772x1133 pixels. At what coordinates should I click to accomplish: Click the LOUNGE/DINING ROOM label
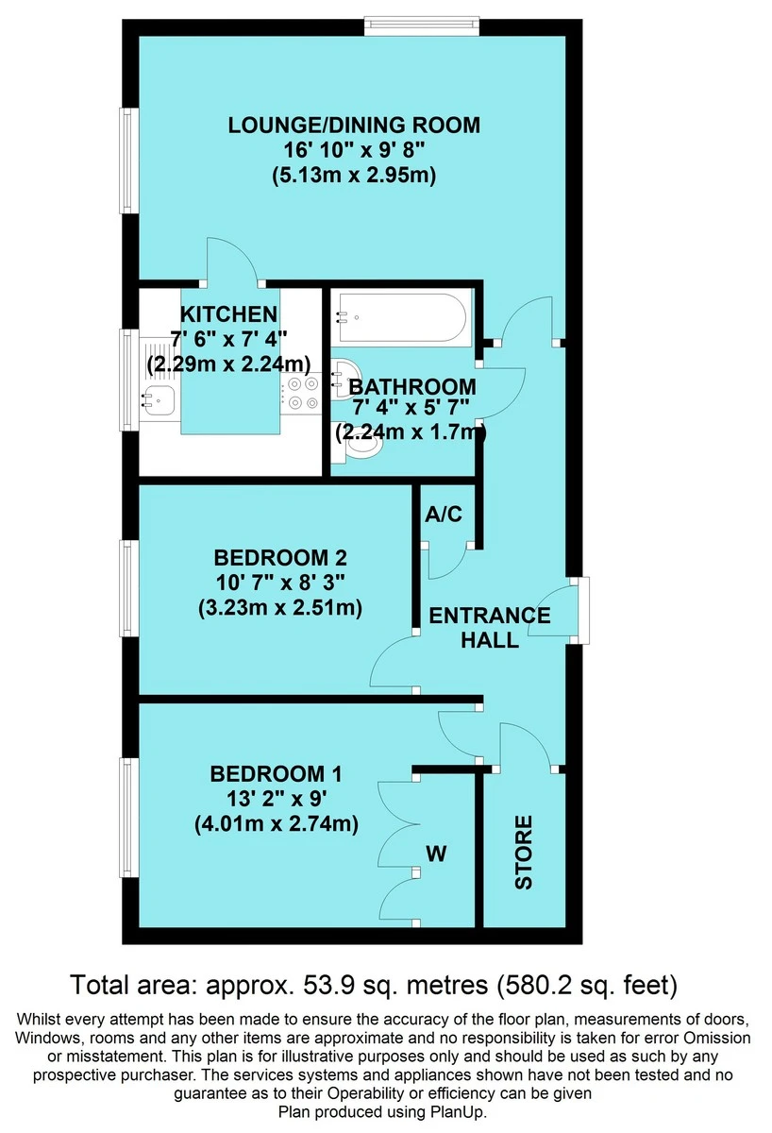coord(354,125)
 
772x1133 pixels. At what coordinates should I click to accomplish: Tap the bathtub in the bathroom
coord(398,317)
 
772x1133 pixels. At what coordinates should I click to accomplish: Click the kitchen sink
coord(157,398)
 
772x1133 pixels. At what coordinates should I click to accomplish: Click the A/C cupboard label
coord(444,515)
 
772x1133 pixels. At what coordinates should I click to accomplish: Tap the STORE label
coord(524,853)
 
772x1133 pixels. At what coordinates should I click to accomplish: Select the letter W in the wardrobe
coord(436,854)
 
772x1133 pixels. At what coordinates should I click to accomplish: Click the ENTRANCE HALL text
coord(490,628)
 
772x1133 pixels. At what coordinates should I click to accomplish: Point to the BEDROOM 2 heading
coord(280,558)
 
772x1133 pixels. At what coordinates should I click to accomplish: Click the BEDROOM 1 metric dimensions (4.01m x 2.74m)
coord(277,824)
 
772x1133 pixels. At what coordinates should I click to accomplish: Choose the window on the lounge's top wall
coord(422,25)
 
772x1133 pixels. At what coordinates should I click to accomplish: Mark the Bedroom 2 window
coord(128,587)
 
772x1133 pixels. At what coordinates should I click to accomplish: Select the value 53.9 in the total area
coord(323,984)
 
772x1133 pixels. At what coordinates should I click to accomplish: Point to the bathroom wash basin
coord(344,376)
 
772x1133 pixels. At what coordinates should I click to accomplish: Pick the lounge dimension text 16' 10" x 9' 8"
coord(354,150)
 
